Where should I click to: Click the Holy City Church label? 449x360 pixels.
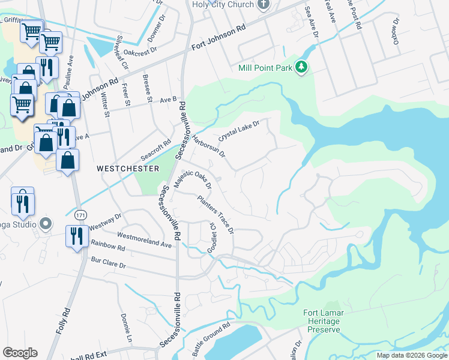tap(222, 5)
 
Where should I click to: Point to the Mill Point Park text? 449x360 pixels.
tap(265, 68)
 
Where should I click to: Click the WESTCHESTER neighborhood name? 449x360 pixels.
tap(128, 169)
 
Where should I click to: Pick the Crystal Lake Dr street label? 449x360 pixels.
tap(238, 130)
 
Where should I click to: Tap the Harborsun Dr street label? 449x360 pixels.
tap(208, 145)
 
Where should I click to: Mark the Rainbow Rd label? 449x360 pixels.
tap(107, 247)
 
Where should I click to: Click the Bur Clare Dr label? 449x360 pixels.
tap(108, 263)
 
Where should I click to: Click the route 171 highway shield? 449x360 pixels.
tap(79, 214)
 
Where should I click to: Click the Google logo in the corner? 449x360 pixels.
tap(20, 353)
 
